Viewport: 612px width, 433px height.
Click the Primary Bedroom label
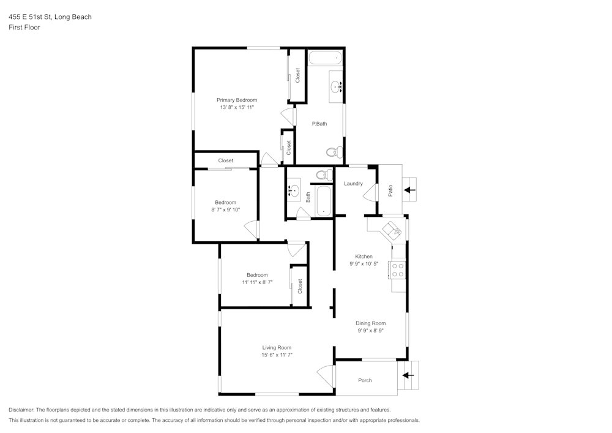tap(237, 100)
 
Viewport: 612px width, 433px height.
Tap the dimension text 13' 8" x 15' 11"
tap(237, 107)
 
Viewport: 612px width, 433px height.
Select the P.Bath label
tap(319, 124)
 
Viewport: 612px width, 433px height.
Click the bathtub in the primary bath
tap(324, 59)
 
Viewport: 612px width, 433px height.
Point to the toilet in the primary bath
tap(332, 151)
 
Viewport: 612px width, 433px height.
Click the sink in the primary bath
tap(336, 88)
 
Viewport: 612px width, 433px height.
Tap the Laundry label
tap(353, 184)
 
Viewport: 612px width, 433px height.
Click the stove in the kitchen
tap(398, 269)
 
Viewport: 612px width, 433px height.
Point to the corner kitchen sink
tap(390, 230)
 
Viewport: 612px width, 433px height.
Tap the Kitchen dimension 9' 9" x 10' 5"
tap(364, 264)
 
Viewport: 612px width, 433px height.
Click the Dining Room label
tap(371, 323)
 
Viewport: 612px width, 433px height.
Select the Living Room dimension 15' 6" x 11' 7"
tap(277, 355)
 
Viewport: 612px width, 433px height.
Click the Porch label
tap(365, 380)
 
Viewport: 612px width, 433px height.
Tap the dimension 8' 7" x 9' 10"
tap(225, 209)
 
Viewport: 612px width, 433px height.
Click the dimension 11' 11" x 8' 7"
tap(257, 282)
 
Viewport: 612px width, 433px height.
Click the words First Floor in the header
tap(24, 28)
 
